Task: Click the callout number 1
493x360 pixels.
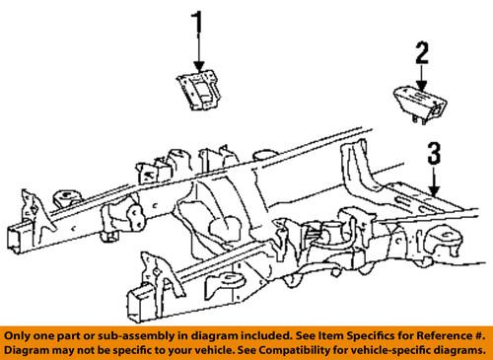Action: [x=197, y=22]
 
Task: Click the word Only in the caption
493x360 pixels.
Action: [x=23, y=334]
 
